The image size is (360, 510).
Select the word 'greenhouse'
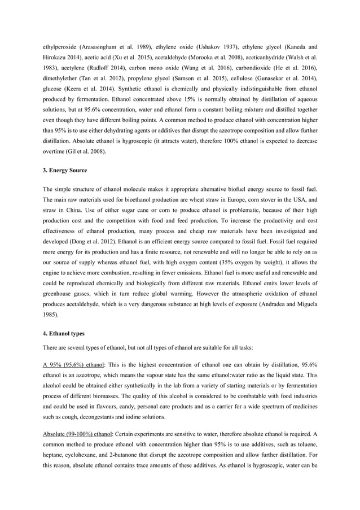pyautogui.click(x=59, y=294)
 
